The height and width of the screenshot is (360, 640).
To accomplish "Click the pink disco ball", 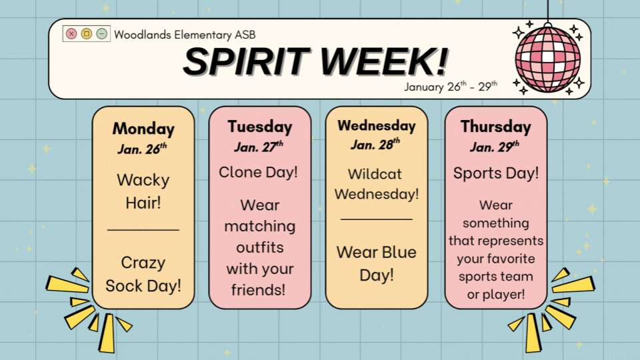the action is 548,59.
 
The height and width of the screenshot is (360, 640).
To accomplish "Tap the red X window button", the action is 71,34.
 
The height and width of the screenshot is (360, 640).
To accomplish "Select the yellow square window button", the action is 87,34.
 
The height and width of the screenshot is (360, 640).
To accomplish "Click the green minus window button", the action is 101,34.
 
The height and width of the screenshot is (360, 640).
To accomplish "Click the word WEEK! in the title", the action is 384,61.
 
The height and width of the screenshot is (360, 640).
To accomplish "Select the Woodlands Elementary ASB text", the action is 185,35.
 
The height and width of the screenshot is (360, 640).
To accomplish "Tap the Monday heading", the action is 143,129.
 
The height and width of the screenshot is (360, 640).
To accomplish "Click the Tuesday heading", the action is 260,127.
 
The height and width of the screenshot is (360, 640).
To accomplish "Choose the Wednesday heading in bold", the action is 377,126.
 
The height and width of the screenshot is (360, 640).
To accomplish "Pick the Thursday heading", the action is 496,127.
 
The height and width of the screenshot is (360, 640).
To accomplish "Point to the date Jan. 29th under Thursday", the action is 495,147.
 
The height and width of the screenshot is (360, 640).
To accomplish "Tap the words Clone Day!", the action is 259,172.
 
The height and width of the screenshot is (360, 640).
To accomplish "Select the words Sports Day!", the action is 496,173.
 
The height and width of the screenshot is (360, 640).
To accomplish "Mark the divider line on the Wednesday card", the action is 377,219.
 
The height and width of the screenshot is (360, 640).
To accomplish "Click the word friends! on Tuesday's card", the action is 259,290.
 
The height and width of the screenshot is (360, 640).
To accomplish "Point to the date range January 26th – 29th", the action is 451,87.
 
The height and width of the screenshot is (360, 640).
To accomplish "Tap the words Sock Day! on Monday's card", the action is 143,286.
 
